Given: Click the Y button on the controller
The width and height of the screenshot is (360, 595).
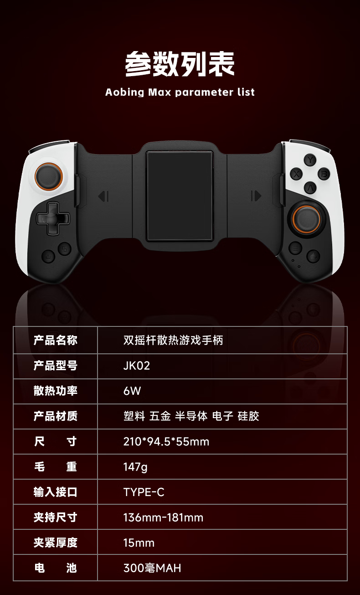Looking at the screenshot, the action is pyautogui.click(x=310, y=160).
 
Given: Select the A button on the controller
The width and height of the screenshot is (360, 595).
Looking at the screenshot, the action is pyautogui.click(x=310, y=187).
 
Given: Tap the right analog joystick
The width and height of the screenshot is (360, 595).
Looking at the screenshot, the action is pyautogui.click(x=306, y=218).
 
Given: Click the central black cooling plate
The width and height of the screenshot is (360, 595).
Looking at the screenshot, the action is pyautogui.click(x=180, y=196).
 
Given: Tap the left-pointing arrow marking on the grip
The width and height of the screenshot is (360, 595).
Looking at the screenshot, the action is pyautogui.click(x=104, y=197).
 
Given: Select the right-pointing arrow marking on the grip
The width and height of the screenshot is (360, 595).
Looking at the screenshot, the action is pyautogui.click(x=256, y=196).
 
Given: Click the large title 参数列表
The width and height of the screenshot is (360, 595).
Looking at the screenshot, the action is pyautogui.click(x=180, y=64).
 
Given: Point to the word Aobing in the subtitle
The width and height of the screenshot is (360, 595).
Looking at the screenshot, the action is pyautogui.click(x=124, y=92).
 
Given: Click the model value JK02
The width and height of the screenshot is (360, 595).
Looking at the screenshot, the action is pyautogui.click(x=136, y=366).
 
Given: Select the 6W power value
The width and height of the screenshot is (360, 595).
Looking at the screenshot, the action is pyautogui.click(x=132, y=391).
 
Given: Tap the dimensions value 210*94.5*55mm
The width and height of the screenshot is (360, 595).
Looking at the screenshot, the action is pyautogui.click(x=166, y=441).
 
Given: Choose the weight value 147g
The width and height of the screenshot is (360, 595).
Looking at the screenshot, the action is pyautogui.click(x=135, y=467).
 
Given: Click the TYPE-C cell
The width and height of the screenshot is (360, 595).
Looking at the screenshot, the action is pyautogui.click(x=144, y=492).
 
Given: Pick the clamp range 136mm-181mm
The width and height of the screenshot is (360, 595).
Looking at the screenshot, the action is pyautogui.click(x=163, y=517).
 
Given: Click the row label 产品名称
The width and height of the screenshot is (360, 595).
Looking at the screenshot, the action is pyautogui.click(x=56, y=340).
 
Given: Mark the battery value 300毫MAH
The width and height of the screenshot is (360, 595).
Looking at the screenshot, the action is pyautogui.click(x=152, y=568).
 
